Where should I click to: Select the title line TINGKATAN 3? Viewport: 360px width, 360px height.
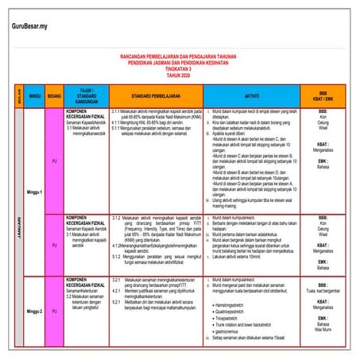click(184, 69)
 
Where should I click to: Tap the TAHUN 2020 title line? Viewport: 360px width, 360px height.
click(184, 75)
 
